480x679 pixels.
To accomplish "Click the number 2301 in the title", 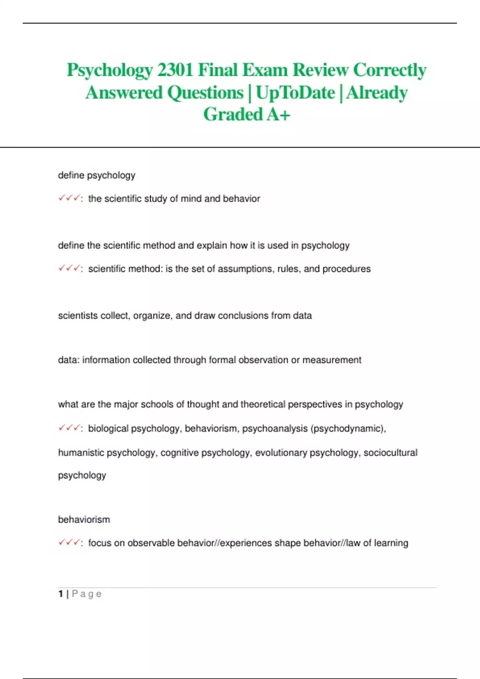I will click(x=175, y=70).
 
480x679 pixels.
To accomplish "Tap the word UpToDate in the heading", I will click(x=295, y=93).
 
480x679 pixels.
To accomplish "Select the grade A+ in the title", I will click(x=278, y=115).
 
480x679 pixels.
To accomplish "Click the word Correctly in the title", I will click(x=390, y=70).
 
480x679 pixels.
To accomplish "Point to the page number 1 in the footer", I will click(x=60, y=594).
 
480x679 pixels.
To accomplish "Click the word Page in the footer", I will click(x=87, y=594).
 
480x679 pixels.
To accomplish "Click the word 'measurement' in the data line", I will click(x=332, y=360).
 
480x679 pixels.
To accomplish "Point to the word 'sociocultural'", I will click(x=390, y=453).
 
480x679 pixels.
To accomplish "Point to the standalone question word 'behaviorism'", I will click(x=84, y=520).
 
